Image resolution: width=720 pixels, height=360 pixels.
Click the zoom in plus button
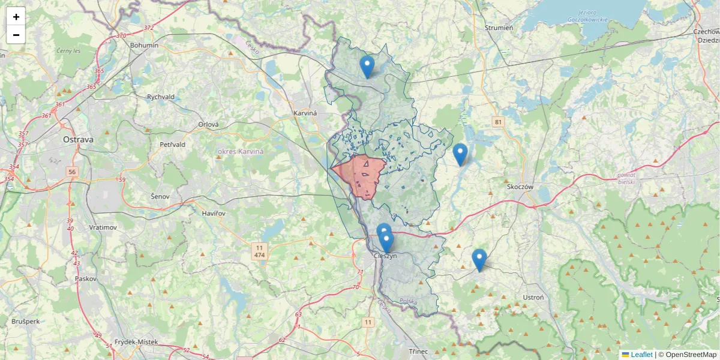pos(16,17)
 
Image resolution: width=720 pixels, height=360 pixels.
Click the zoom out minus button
pos(16,35)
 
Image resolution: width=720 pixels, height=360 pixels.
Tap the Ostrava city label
pos(78,139)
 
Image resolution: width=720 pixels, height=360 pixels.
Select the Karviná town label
pos(305,113)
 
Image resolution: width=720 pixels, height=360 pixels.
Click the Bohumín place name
pos(144,46)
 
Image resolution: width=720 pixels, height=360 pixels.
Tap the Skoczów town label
pos(520,187)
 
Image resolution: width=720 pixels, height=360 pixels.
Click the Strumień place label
pos(499,28)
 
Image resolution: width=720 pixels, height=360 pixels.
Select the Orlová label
pos(209,125)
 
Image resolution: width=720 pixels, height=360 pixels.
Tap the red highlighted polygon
pos(364,175)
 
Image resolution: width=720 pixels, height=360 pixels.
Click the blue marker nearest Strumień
pos(367,67)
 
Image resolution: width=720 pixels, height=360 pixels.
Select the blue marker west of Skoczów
pos(460,155)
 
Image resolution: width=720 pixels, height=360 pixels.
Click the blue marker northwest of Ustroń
pos(479,260)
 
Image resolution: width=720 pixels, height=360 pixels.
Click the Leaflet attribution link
pos(641,355)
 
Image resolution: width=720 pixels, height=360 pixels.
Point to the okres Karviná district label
pos(240,151)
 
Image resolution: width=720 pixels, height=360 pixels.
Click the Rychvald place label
pos(160,97)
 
